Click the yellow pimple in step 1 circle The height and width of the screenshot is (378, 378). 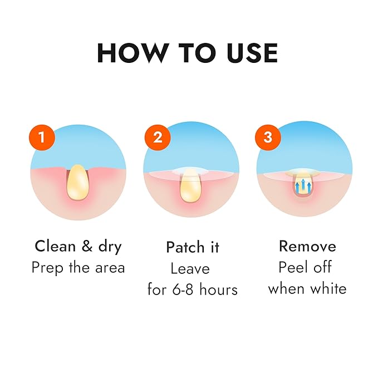coord(77,183)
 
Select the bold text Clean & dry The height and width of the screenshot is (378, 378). coord(78,246)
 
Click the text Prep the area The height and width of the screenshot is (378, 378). coord(78,268)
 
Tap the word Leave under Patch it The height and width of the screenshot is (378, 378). coord(190,269)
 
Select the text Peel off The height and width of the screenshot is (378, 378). coord(305,268)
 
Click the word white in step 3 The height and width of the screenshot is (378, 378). coord(328,288)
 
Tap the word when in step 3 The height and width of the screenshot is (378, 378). coord(286,288)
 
